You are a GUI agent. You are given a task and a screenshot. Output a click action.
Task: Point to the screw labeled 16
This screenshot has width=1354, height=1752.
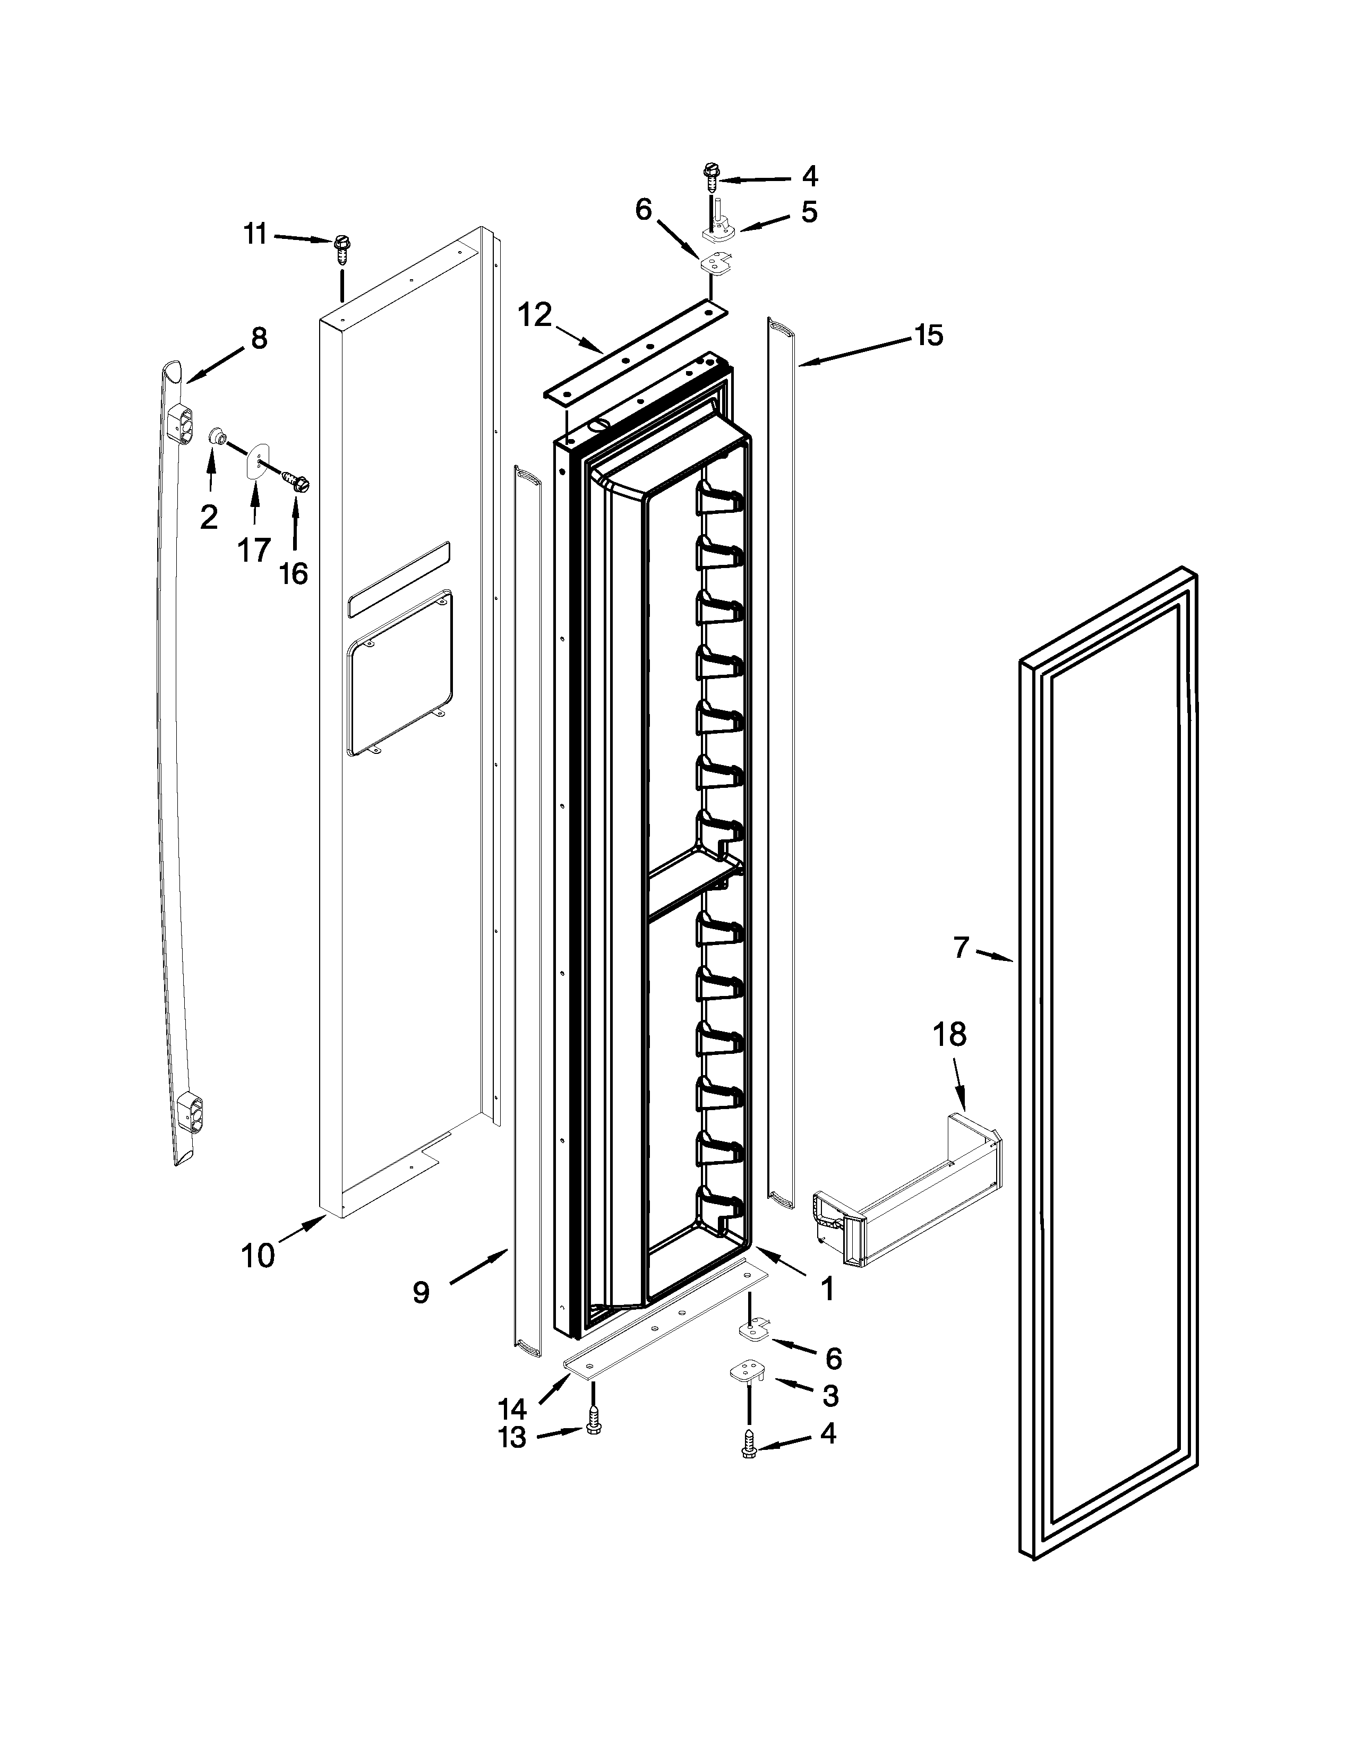point(297,482)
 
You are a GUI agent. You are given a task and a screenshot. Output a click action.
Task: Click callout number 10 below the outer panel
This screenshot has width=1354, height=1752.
point(258,1256)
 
